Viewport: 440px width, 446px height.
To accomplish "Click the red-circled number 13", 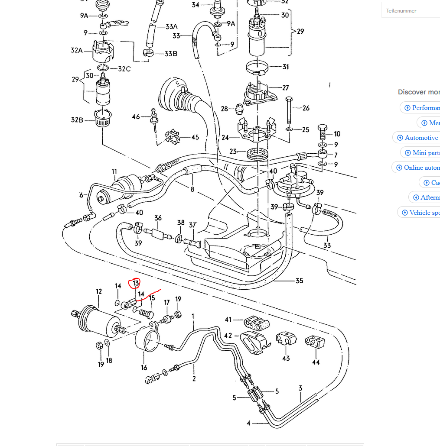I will (x=136, y=283).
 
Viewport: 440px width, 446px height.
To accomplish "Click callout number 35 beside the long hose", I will (x=299, y=281).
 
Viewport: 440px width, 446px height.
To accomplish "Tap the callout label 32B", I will (x=77, y=120).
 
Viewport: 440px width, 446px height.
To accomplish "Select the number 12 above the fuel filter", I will (x=99, y=291).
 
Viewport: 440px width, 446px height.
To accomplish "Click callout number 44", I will (x=316, y=362).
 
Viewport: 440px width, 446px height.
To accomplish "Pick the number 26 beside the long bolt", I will (x=306, y=108).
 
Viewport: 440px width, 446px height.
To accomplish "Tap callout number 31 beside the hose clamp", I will (x=285, y=67).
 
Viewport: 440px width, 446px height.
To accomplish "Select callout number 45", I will (x=195, y=137).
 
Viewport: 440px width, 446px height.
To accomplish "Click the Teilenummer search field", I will (x=412, y=10).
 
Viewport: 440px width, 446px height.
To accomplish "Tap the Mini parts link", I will (x=422, y=153).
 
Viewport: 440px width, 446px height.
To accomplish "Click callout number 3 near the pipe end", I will (x=300, y=388).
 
